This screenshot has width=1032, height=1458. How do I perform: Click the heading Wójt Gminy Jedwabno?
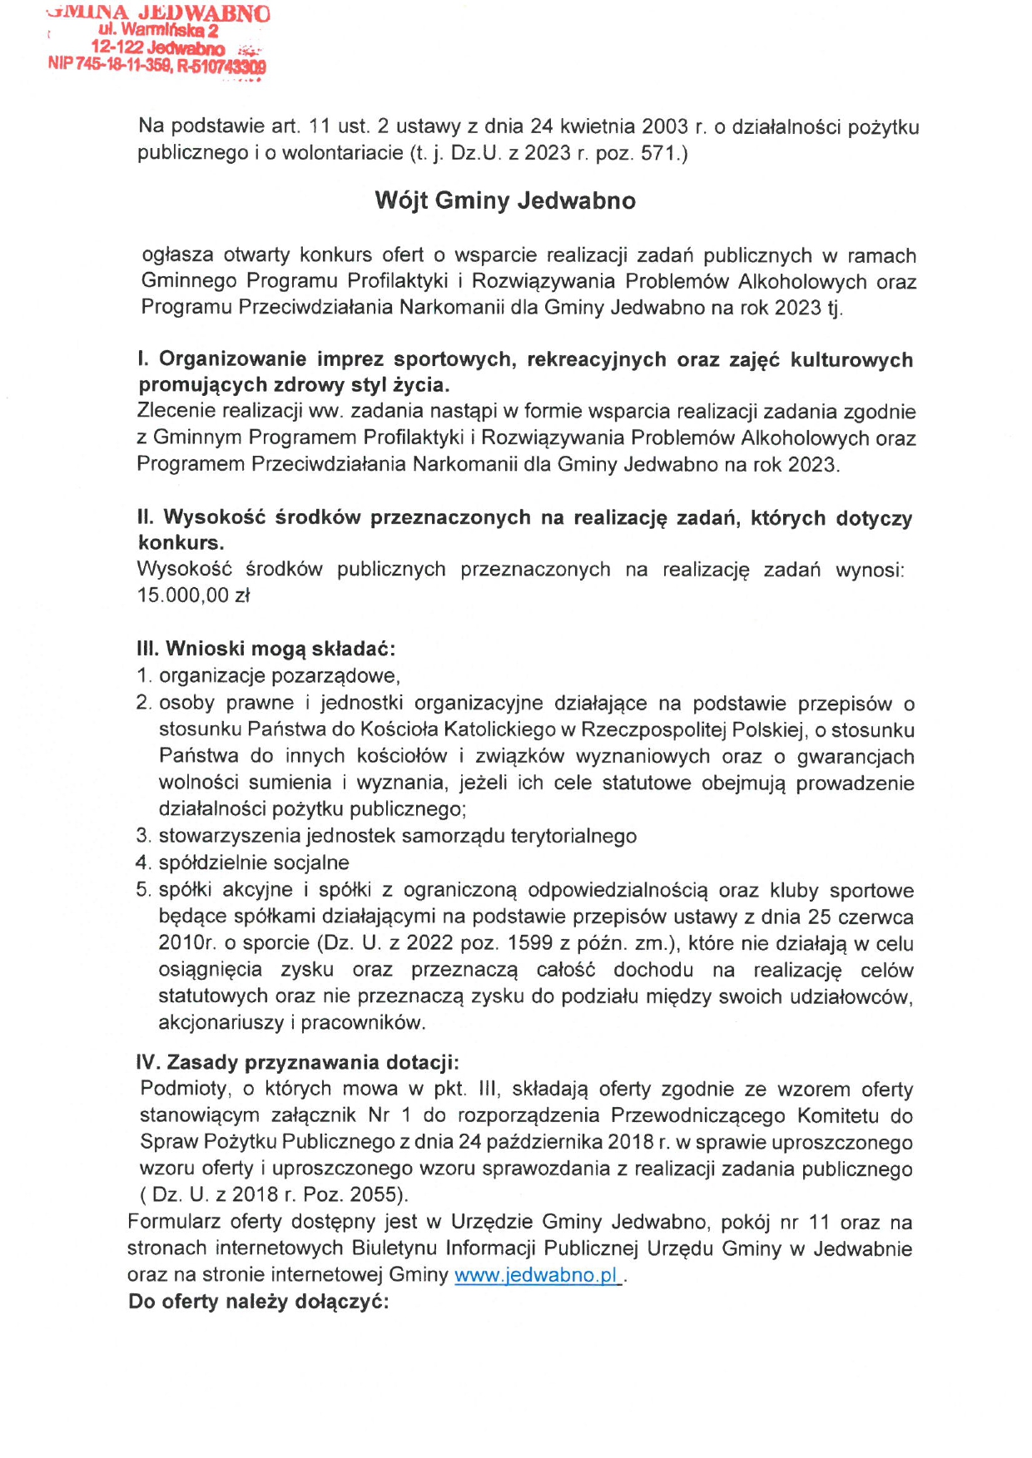(505, 200)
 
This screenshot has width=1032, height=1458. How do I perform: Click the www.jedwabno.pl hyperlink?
(537, 1275)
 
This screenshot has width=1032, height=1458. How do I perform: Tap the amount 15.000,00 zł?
(194, 596)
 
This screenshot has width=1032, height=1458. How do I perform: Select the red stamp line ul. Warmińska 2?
(158, 31)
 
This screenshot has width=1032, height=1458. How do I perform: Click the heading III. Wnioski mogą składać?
(265, 649)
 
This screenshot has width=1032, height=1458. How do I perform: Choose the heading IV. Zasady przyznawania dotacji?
(297, 1062)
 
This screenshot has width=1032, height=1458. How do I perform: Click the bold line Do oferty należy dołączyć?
(258, 1302)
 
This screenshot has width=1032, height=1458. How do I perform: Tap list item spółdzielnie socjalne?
(254, 862)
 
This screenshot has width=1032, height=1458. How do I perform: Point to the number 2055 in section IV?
(375, 1195)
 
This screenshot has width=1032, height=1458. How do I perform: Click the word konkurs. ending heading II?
(181, 543)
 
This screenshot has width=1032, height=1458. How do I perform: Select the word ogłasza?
(177, 255)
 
